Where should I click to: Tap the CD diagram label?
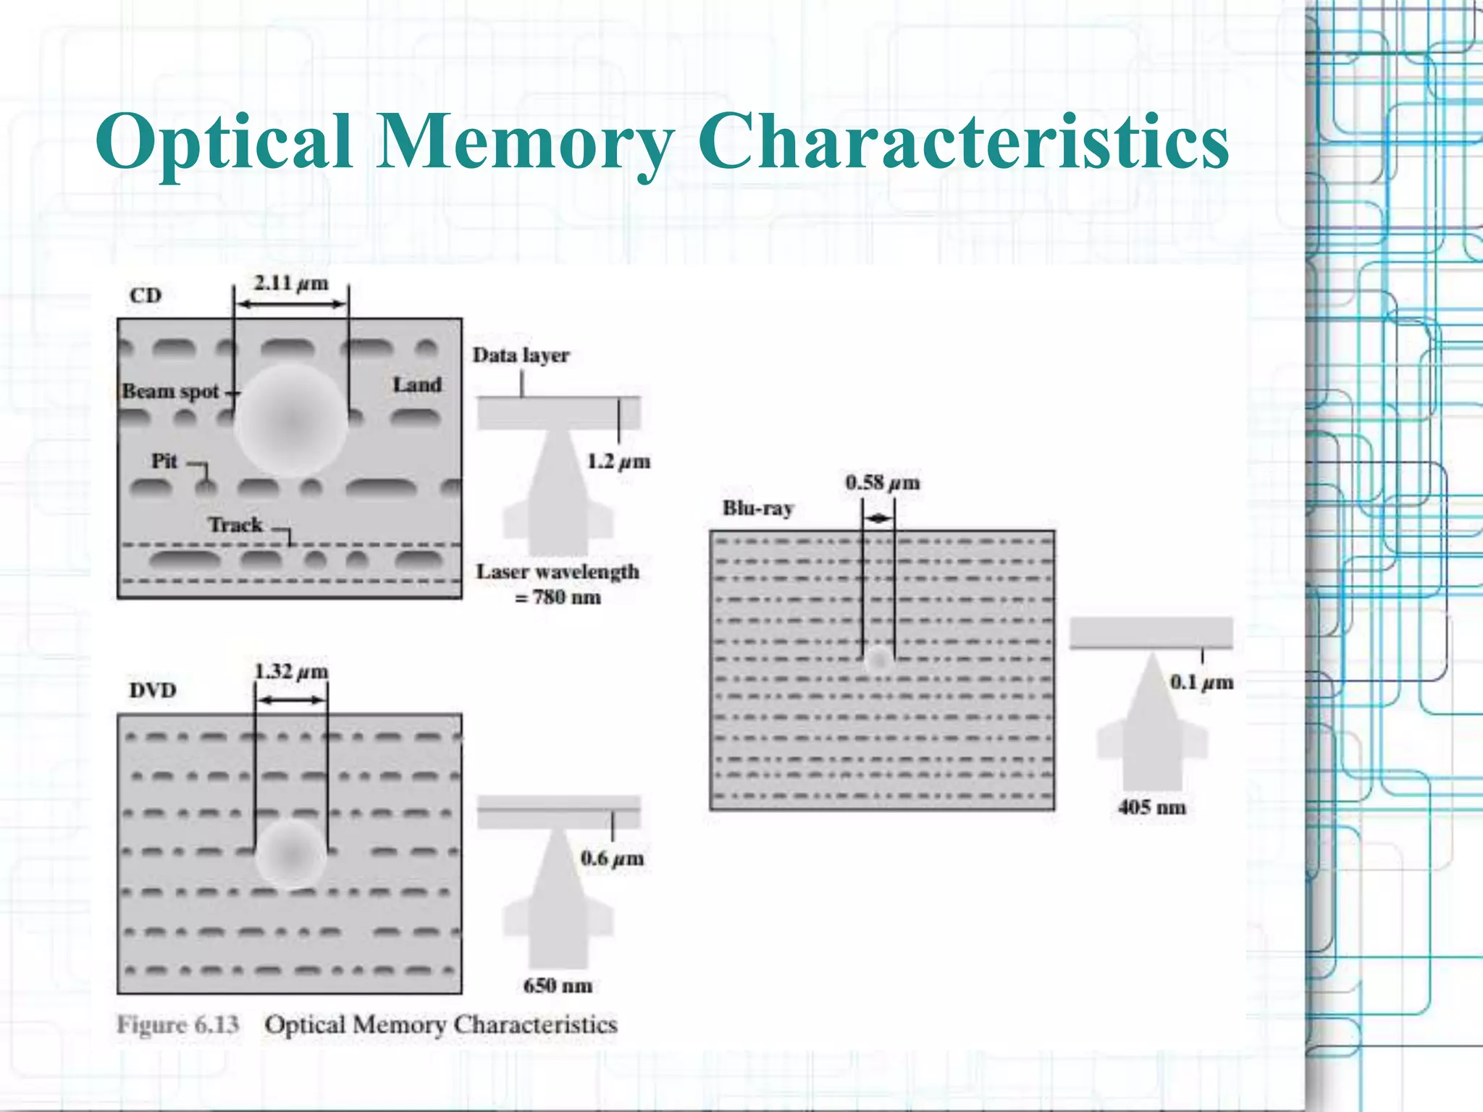click(x=146, y=295)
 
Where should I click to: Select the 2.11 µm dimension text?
click(x=290, y=283)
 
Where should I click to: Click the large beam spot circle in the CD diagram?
click(x=290, y=420)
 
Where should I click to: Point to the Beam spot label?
click(x=171, y=392)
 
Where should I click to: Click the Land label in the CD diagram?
click(x=417, y=384)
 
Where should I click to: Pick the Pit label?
click(x=164, y=461)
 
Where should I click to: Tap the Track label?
click(x=235, y=524)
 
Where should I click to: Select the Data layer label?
click(x=521, y=355)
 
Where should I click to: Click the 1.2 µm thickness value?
click(x=618, y=461)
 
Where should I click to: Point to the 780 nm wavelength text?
click(x=558, y=597)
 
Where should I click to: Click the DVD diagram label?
click(x=153, y=690)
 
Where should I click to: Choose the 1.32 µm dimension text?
click(x=291, y=672)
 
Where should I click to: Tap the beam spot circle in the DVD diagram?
click(x=290, y=854)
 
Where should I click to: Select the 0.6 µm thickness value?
click(x=612, y=859)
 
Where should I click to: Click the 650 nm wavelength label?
click(x=558, y=985)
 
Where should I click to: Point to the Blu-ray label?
click(x=757, y=508)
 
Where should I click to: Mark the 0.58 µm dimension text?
click(x=883, y=482)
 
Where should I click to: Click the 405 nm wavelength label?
click(x=1151, y=807)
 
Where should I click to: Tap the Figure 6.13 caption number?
click(x=178, y=1024)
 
